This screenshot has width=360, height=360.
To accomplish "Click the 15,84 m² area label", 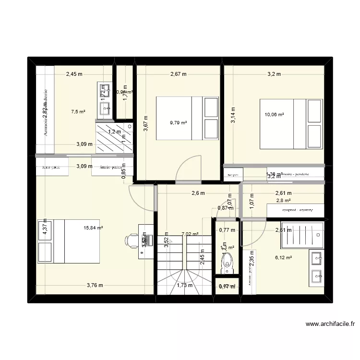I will [93, 228].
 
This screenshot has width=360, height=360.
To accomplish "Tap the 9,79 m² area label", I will [179, 122].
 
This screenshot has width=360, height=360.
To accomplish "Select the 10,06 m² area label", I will [274, 115].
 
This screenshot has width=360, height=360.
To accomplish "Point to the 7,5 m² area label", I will [78, 112].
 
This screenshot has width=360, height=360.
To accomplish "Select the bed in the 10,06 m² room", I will [291, 124].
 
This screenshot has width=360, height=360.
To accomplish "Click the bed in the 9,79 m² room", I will [188, 118].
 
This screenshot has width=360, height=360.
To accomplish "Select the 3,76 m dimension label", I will [95, 285].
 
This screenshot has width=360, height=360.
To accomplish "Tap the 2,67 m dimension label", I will [178, 74].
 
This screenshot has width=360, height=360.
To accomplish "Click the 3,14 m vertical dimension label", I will [233, 115].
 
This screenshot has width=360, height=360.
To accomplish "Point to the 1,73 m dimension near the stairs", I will [185, 285].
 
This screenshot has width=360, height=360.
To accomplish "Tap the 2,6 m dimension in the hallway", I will [198, 193].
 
